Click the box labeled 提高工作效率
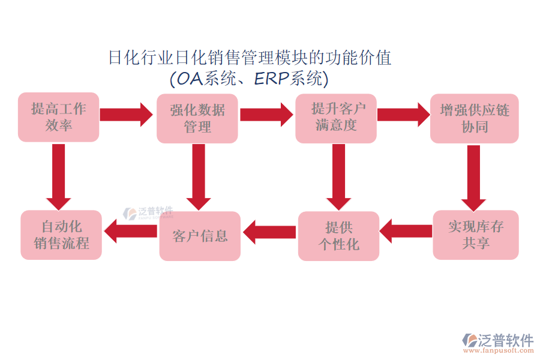[58, 118]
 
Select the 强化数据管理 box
[197, 118]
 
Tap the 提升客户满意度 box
[336, 118]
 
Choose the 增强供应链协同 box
[474, 118]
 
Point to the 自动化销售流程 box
[61, 235]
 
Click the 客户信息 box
[200, 236]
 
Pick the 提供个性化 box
[338, 236]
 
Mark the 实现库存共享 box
[476, 235]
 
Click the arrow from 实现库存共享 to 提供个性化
[406, 231]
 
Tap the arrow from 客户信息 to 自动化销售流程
[130, 231]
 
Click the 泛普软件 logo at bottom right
[497, 341]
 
